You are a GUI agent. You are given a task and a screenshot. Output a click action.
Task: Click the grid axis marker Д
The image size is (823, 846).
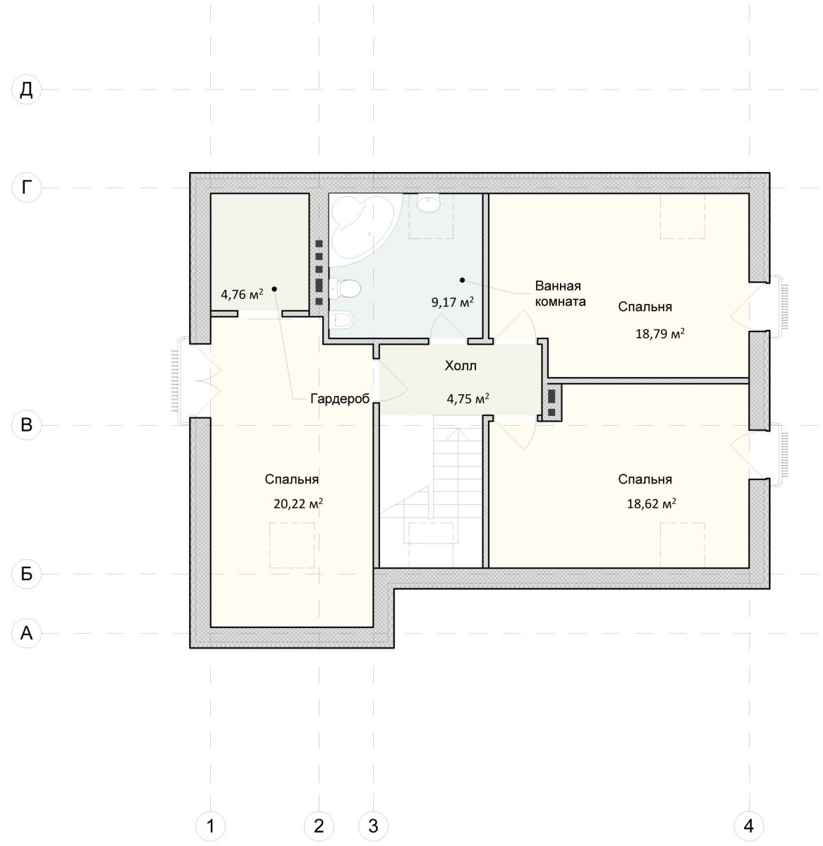click(26, 90)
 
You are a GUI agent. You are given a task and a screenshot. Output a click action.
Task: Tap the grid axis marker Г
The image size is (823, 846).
click(26, 188)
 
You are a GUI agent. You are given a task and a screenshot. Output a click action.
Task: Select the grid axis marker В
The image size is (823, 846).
click(26, 424)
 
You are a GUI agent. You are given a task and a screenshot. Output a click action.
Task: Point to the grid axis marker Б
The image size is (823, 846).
click(26, 573)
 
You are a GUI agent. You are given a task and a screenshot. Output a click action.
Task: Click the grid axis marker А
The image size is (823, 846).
click(26, 633)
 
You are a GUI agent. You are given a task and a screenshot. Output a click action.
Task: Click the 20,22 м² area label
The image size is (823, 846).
click(298, 503)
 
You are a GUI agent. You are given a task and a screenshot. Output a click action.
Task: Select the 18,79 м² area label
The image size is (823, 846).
click(660, 333)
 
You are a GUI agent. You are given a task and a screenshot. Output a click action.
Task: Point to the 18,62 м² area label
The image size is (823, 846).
click(651, 503)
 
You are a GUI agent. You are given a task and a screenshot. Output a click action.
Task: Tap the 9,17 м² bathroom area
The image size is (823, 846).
click(452, 302)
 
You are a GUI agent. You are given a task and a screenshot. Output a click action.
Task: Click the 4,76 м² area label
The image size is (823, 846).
click(242, 294)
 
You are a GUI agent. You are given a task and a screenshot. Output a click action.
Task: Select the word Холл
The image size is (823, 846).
click(461, 366)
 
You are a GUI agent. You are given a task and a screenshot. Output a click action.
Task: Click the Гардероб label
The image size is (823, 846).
click(340, 398)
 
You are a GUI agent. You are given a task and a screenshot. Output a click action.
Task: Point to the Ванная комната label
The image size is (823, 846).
click(560, 293)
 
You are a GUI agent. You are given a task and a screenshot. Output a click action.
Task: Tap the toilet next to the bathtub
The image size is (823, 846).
click(345, 288)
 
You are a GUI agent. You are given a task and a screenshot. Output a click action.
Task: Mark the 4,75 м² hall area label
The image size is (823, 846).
click(468, 398)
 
